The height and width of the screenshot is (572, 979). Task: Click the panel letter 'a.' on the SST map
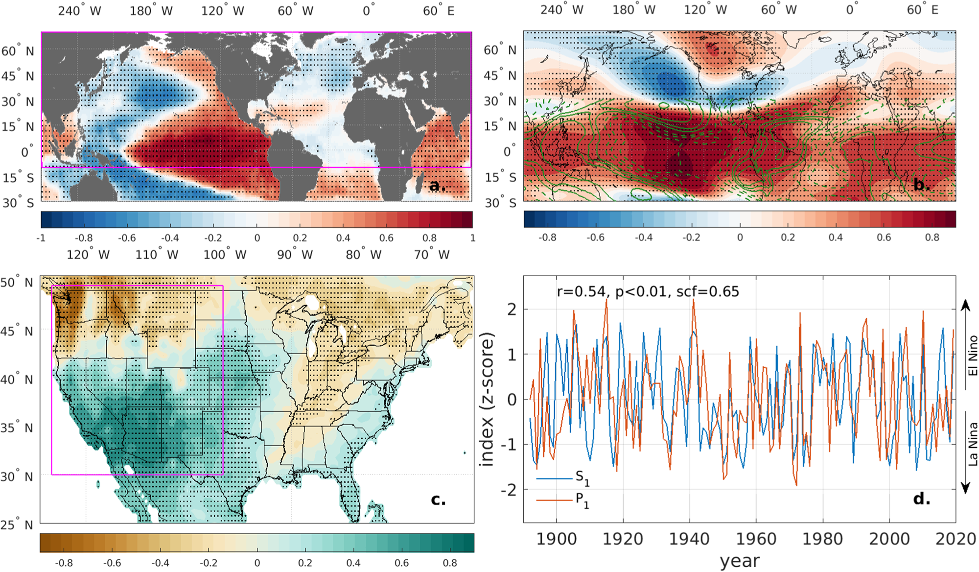437,186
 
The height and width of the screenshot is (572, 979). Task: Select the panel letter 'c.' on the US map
438,500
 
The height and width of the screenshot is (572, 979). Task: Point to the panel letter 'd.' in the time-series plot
922,499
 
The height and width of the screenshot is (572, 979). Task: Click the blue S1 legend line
554,478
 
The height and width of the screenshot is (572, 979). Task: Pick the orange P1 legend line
554,500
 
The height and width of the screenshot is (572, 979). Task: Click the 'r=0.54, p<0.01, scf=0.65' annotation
648,292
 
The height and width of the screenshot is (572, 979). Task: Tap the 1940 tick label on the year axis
689,539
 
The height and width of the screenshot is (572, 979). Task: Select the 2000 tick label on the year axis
889,539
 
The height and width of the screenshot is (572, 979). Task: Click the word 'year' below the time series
740,561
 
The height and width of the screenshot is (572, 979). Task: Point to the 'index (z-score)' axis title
488,399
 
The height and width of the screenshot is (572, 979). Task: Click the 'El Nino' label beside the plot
973,356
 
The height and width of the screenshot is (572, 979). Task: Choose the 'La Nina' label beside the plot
973,444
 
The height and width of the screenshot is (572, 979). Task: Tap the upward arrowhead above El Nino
965,305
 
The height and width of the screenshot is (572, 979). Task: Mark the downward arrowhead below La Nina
965,488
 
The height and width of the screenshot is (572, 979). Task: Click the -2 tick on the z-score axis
509,490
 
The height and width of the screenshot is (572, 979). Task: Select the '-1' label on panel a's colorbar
41,238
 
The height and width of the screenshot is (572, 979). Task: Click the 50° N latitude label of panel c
17,283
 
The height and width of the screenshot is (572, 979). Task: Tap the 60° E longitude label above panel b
922,10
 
